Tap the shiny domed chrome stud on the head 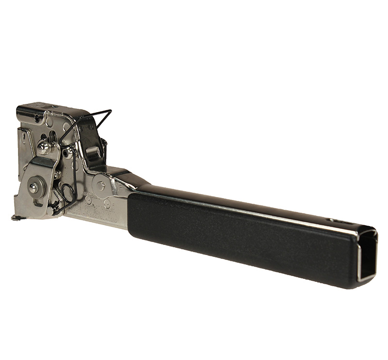click(x=44, y=147)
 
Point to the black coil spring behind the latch click(x=104, y=146)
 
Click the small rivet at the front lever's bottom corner click(x=50, y=210)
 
